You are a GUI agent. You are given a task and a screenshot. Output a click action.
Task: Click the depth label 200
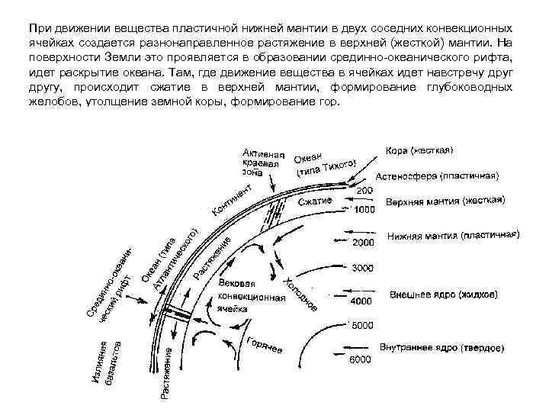point(365,190)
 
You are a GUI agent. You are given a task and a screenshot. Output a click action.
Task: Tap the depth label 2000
point(363,243)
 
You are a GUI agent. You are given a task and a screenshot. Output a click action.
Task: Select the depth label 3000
point(363,268)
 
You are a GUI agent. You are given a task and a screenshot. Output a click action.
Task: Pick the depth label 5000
point(361,326)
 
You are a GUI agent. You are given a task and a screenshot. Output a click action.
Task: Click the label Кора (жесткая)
point(419,151)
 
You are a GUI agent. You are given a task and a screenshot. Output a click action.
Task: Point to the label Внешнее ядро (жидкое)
point(433,294)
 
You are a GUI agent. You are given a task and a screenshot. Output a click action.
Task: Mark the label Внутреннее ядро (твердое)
point(441,347)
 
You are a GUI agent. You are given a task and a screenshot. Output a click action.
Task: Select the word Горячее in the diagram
point(264,345)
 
